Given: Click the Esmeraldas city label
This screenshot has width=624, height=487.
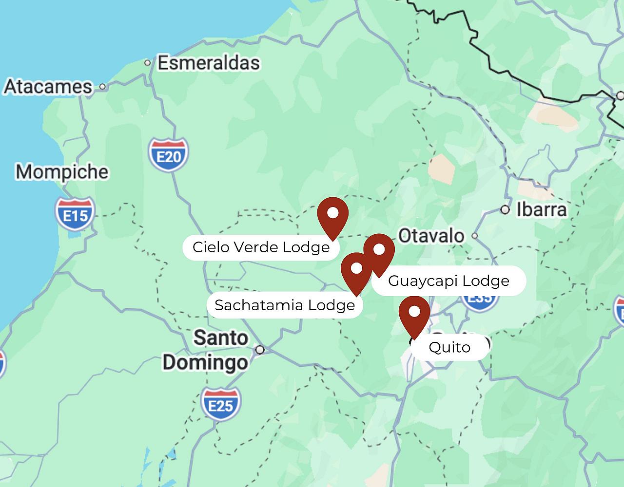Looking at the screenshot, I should tap(209, 63).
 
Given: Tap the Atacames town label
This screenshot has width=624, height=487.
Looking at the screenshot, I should tap(48, 87).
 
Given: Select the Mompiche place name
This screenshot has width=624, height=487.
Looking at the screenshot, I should tap(62, 172).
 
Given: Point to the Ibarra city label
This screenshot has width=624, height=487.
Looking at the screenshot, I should tap(542, 210).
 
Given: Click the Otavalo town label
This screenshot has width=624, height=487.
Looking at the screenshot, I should tap(431, 236).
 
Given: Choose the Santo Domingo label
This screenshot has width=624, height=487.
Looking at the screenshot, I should tap(205, 350).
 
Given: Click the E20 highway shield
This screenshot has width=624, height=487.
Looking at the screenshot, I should tap(169, 155).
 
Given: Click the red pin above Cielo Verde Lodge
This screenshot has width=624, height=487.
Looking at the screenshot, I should tap(333, 215).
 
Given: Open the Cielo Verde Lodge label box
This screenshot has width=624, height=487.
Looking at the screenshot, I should tap(261, 247).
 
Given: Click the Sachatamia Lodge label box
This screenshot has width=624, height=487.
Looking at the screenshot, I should tap(285, 305).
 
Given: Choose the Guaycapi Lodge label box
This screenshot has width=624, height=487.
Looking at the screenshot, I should tap(448, 281).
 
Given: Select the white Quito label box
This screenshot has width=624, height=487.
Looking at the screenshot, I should tap(449, 347).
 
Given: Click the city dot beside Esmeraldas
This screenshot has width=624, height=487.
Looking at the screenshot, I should tap(147, 63).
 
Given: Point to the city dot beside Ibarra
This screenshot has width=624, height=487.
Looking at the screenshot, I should tap(506, 210).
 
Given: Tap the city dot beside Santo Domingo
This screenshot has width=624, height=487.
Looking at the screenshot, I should tap(260, 350).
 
